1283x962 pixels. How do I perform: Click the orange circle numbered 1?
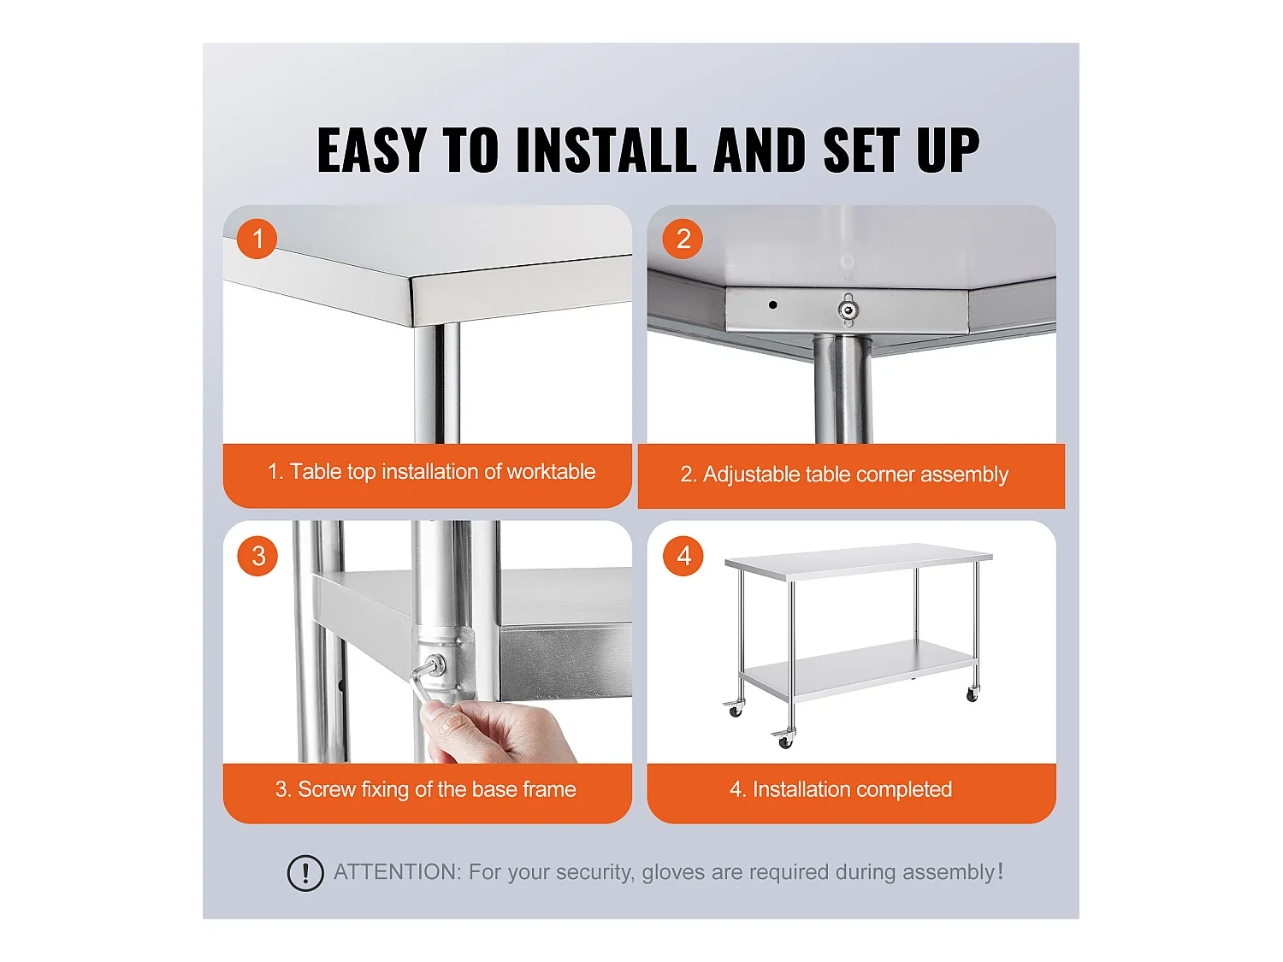coord(257,239)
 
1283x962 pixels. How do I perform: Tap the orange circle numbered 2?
coord(682,239)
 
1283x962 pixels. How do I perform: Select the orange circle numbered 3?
coord(257,556)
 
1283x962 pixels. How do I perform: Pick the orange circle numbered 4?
coord(683,556)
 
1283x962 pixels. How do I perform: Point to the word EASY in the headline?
coord(372,150)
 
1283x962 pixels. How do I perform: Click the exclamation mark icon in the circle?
coord(305,873)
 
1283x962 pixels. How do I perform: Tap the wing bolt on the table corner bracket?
coord(848,309)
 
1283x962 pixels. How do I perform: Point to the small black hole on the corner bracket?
coord(772,305)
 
